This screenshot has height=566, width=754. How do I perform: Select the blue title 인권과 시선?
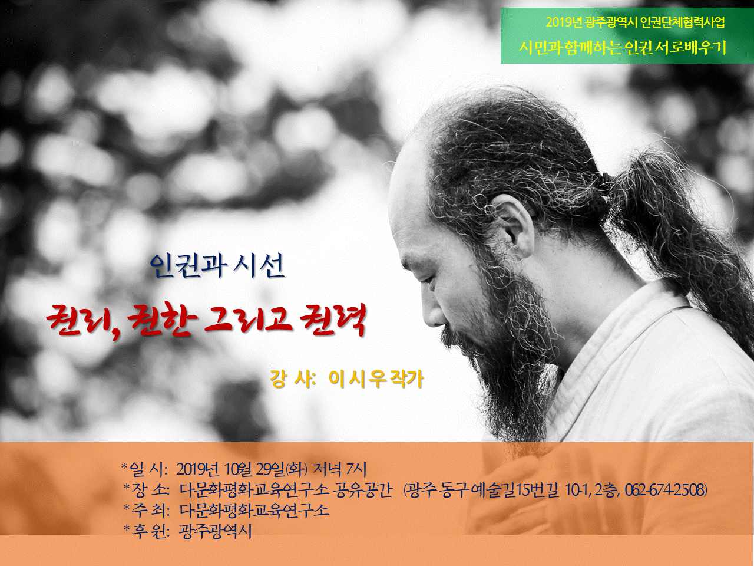coord(217,266)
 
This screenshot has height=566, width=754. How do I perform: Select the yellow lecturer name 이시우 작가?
coord(376,379)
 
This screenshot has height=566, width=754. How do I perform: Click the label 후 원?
coord(147,532)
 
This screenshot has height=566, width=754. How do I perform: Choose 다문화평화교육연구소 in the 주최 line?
coord(254,511)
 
